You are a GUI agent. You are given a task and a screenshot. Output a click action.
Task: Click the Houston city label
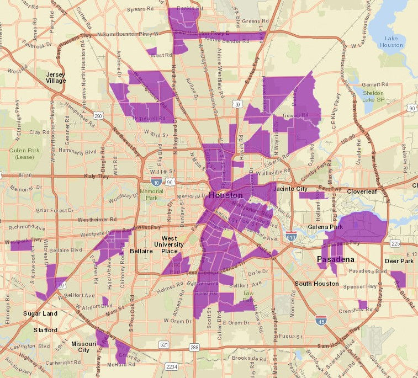tap(225, 195)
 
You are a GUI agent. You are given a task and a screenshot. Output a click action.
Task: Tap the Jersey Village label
tap(56, 77)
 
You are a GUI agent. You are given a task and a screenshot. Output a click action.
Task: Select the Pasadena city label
tap(335, 259)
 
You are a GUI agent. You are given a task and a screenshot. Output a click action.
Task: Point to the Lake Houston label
tap(392, 41)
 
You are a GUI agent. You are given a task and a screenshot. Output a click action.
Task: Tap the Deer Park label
tap(399, 261)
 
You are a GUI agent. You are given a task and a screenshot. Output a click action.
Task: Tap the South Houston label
tap(316, 284)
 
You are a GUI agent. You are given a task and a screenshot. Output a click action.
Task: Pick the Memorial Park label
tap(152, 194)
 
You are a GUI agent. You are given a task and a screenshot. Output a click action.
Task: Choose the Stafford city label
tap(45, 330)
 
